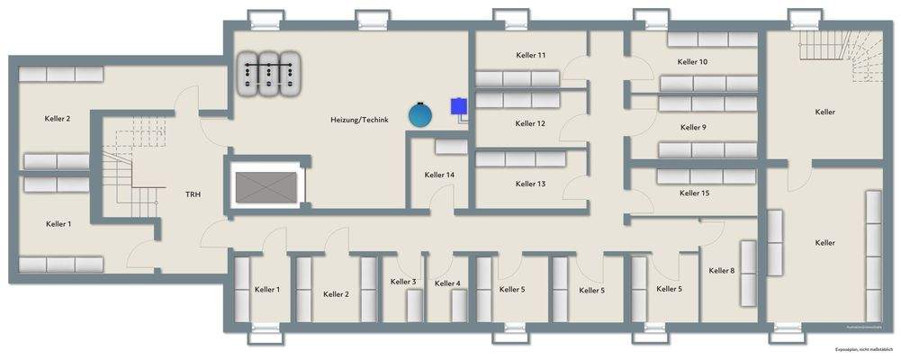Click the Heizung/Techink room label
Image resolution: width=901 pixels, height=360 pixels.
click(359, 120)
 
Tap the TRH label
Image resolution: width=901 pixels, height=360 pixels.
click(193, 194)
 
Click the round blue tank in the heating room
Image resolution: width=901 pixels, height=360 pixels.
click(419, 114)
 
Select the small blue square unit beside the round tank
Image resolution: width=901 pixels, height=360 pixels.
click(459, 105)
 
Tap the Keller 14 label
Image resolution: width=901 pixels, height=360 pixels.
click(439, 175)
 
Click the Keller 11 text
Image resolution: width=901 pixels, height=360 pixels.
click(530, 56)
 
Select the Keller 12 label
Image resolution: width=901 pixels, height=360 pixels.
click(530, 123)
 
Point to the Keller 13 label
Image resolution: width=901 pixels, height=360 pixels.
click(530, 184)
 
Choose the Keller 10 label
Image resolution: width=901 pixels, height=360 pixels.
click(692, 61)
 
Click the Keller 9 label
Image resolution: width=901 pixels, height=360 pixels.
click(692, 127)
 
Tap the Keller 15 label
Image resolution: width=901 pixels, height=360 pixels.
click(694, 193)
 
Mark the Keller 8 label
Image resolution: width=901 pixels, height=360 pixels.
click(721, 271)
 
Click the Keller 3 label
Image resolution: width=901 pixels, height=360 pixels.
click(403, 282)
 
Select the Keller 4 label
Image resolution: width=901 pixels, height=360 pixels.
click(447, 283)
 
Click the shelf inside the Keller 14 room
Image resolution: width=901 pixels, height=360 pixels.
click(450, 146)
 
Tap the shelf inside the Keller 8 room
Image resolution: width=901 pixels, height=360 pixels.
click(748, 273)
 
